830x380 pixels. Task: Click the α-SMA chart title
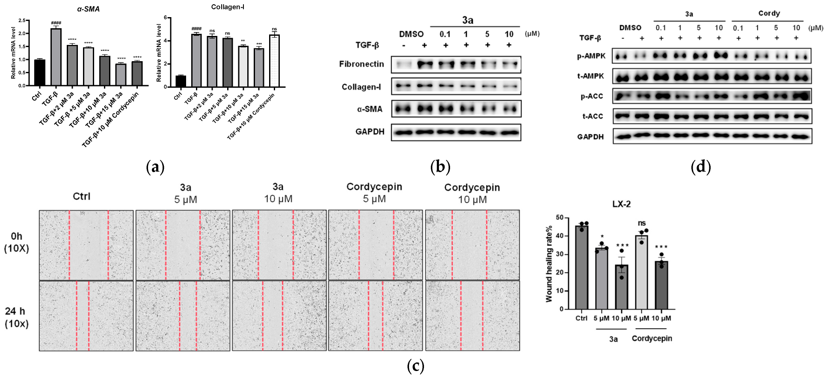click(x=88, y=9)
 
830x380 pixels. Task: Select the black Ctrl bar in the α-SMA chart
click(x=40, y=73)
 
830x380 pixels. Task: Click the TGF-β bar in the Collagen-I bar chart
click(x=196, y=60)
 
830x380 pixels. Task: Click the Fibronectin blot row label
click(x=362, y=64)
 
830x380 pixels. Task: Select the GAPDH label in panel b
click(x=370, y=132)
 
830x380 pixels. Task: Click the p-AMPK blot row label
click(x=591, y=56)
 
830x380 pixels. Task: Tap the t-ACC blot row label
click(x=592, y=116)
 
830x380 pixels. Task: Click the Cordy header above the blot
click(x=769, y=13)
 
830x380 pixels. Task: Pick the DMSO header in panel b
click(x=411, y=34)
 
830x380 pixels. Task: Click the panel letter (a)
click(x=155, y=167)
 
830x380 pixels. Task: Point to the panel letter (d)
click(x=700, y=167)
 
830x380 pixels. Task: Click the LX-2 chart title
click(x=621, y=204)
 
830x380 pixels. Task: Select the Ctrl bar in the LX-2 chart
click(x=581, y=267)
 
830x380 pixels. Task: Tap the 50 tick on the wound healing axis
click(x=559, y=217)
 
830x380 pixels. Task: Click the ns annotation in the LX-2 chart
click(x=641, y=223)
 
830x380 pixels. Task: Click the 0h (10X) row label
click(x=17, y=242)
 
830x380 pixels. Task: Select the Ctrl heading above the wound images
click(x=81, y=196)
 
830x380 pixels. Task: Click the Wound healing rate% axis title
click(x=549, y=263)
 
